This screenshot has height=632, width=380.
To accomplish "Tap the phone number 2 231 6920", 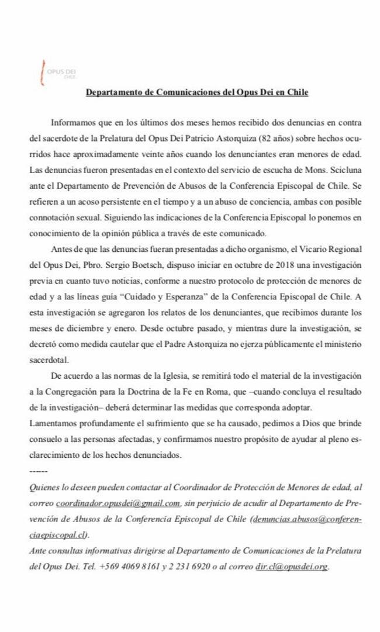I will [191, 566].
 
